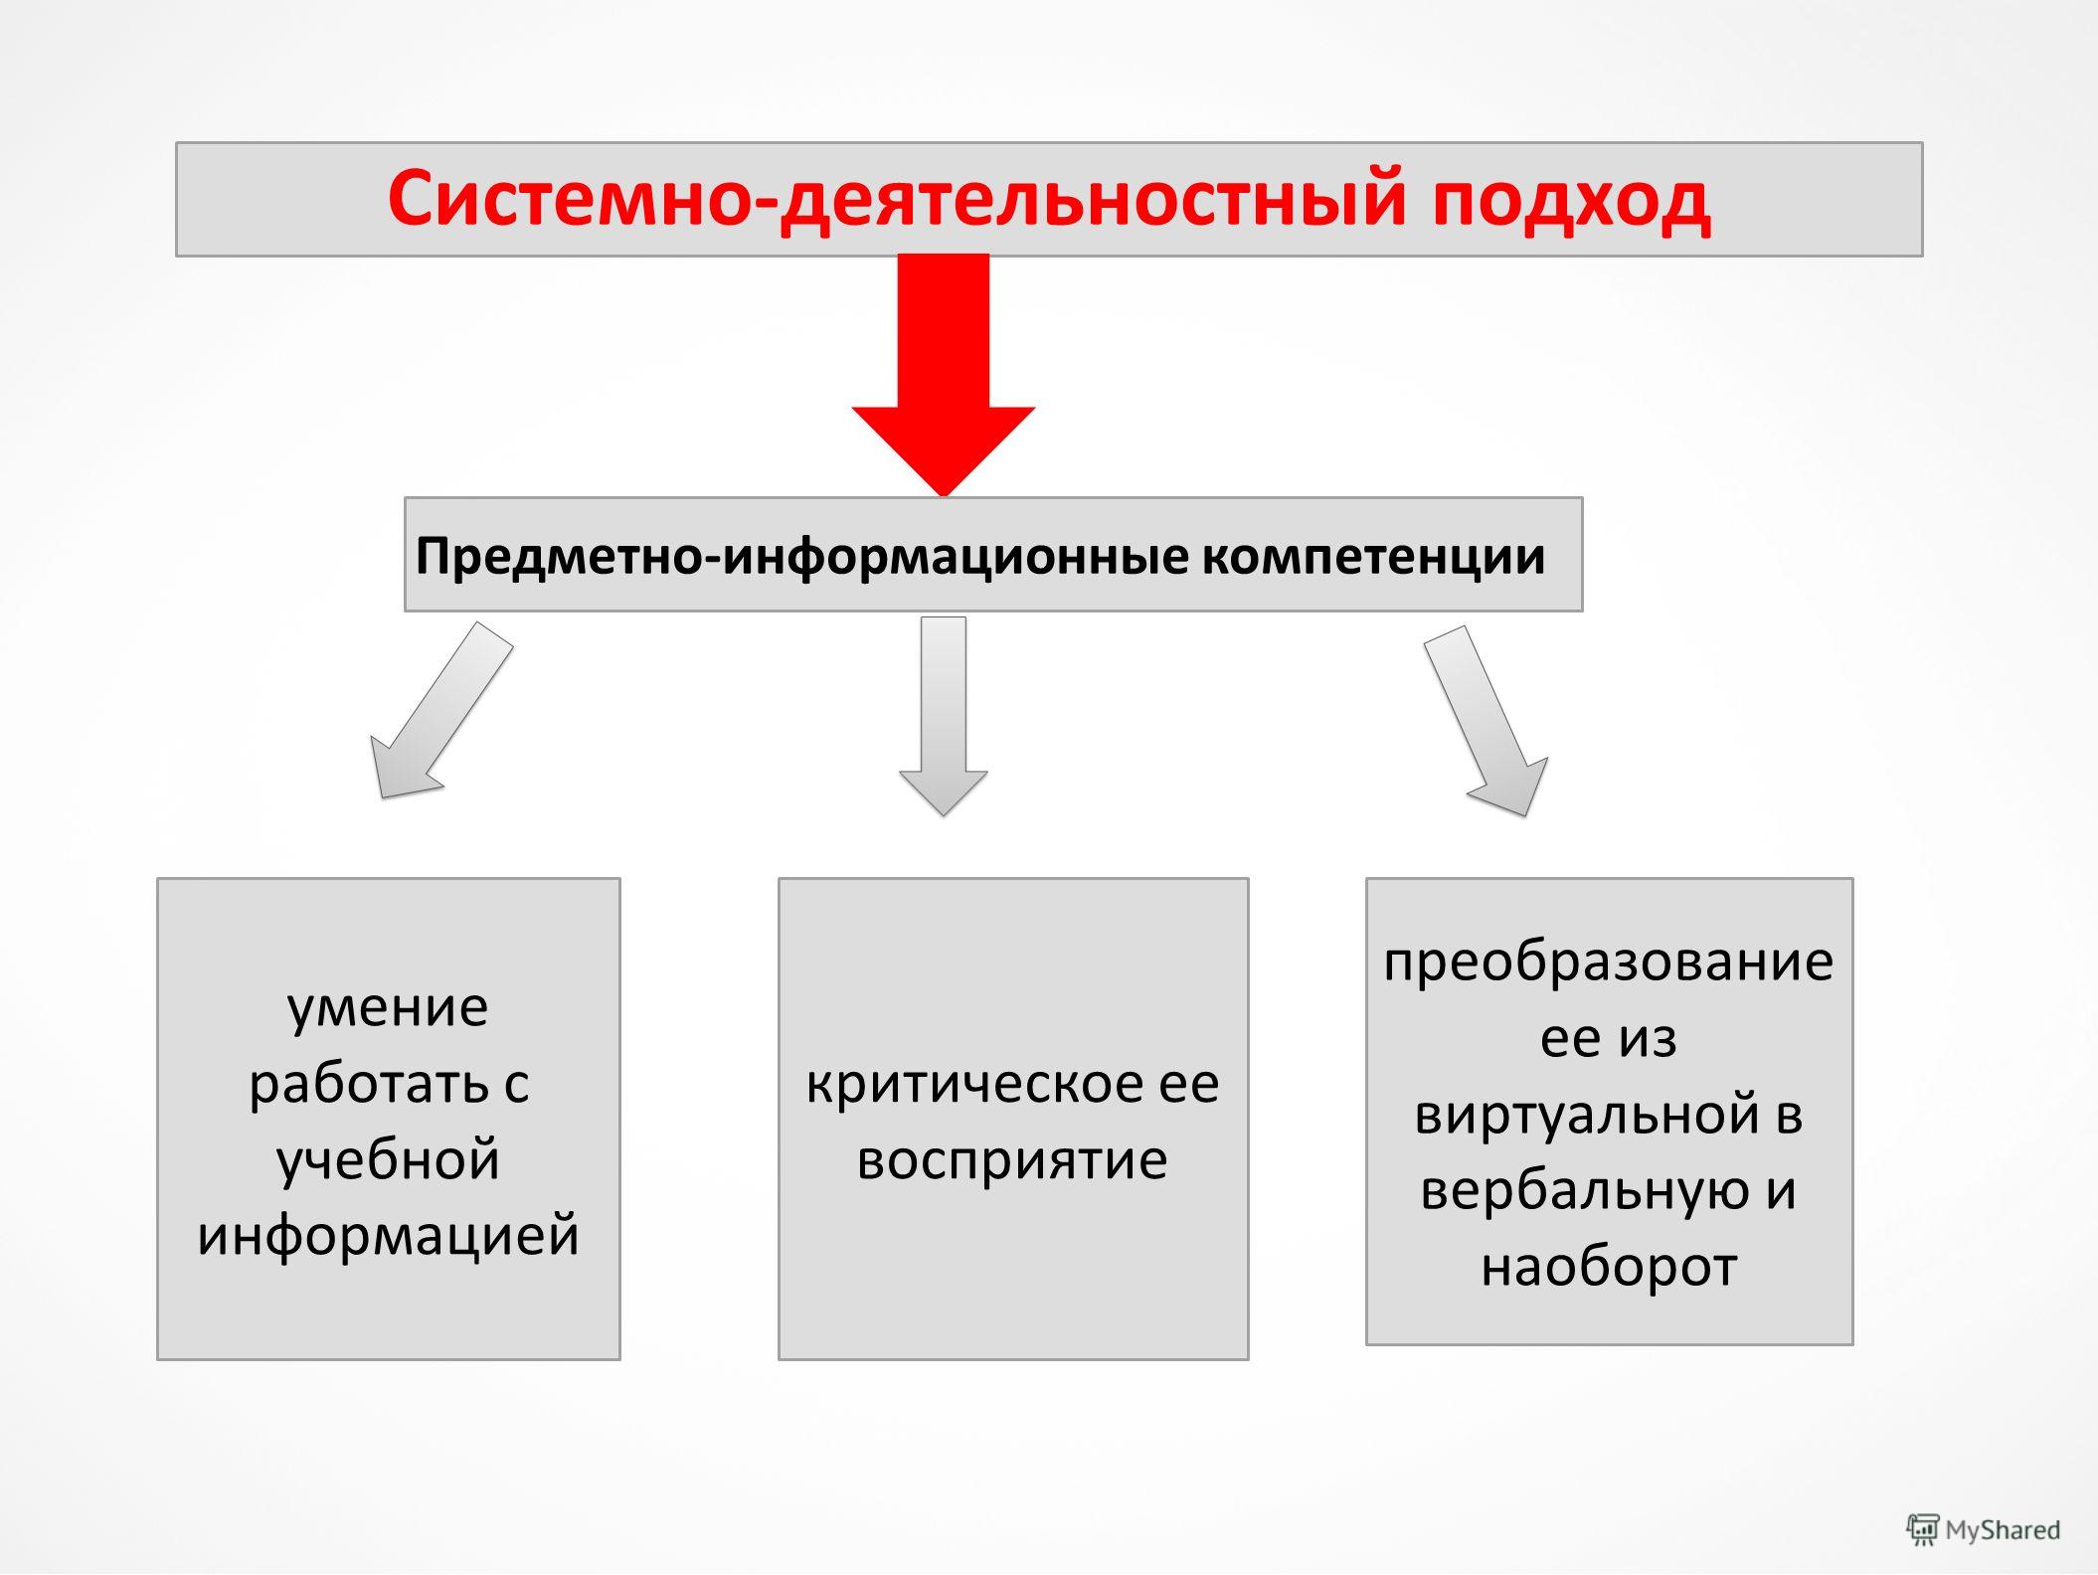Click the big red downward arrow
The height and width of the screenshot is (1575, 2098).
tap(943, 374)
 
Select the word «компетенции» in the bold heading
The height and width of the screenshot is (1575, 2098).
tap(1373, 557)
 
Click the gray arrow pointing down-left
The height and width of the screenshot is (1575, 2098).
tap(441, 710)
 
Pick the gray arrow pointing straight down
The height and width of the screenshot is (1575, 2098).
tap(943, 716)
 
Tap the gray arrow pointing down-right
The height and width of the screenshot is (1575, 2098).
tap(1486, 720)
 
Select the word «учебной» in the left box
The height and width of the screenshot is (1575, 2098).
tap(388, 1159)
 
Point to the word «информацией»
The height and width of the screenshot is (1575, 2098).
tap(388, 1235)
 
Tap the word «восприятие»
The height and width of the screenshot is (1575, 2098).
tap(1012, 1159)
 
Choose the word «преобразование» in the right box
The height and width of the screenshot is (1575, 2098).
tap(1609, 962)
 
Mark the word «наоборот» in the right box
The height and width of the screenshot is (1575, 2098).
tap(1609, 1267)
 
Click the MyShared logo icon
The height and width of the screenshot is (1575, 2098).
tap(1922, 1529)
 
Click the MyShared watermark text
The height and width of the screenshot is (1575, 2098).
tap(2003, 1530)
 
